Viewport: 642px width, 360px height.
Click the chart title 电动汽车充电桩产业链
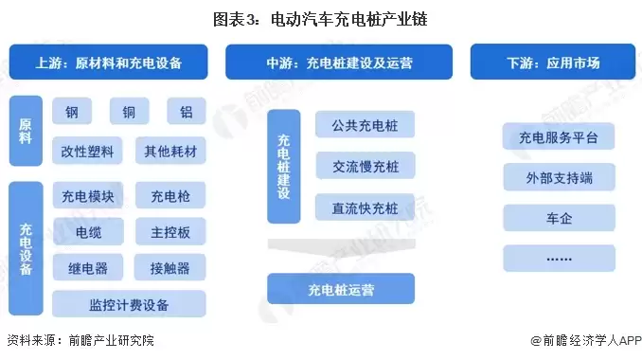point(320,19)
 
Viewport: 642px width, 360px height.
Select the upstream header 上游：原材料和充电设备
point(109,63)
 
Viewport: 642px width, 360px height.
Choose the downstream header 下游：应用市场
point(553,63)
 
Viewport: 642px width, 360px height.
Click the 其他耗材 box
point(169,152)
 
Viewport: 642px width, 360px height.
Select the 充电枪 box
point(169,197)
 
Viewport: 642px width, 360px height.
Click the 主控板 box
point(169,232)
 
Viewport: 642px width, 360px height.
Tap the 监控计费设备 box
point(129,305)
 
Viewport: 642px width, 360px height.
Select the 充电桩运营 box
point(340,288)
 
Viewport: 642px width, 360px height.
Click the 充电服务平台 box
point(559,138)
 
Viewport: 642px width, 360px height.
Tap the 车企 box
point(559,218)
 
